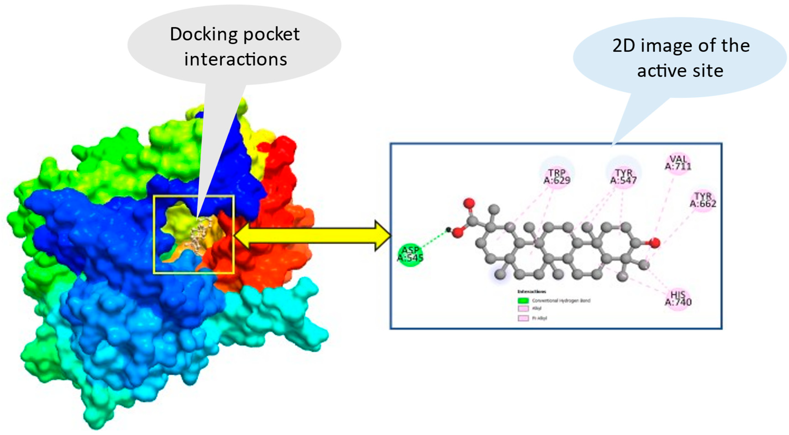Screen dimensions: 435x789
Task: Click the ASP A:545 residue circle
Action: click(x=410, y=254)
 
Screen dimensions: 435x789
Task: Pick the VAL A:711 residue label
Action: click(x=678, y=163)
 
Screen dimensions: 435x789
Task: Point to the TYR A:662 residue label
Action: click(x=703, y=200)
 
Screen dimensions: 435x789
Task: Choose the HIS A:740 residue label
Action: click(x=678, y=299)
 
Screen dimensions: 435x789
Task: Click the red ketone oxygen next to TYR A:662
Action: click(x=655, y=243)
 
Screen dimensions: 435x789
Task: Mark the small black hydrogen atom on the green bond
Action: click(x=448, y=230)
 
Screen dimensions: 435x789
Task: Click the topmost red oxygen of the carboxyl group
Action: click(x=469, y=203)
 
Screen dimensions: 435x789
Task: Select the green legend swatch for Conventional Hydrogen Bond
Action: click(x=523, y=300)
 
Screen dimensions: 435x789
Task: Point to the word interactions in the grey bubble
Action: click(x=235, y=59)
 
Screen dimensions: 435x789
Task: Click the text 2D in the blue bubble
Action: click(x=624, y=46)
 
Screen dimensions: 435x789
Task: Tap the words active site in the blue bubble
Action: click(x=680, y=71)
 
